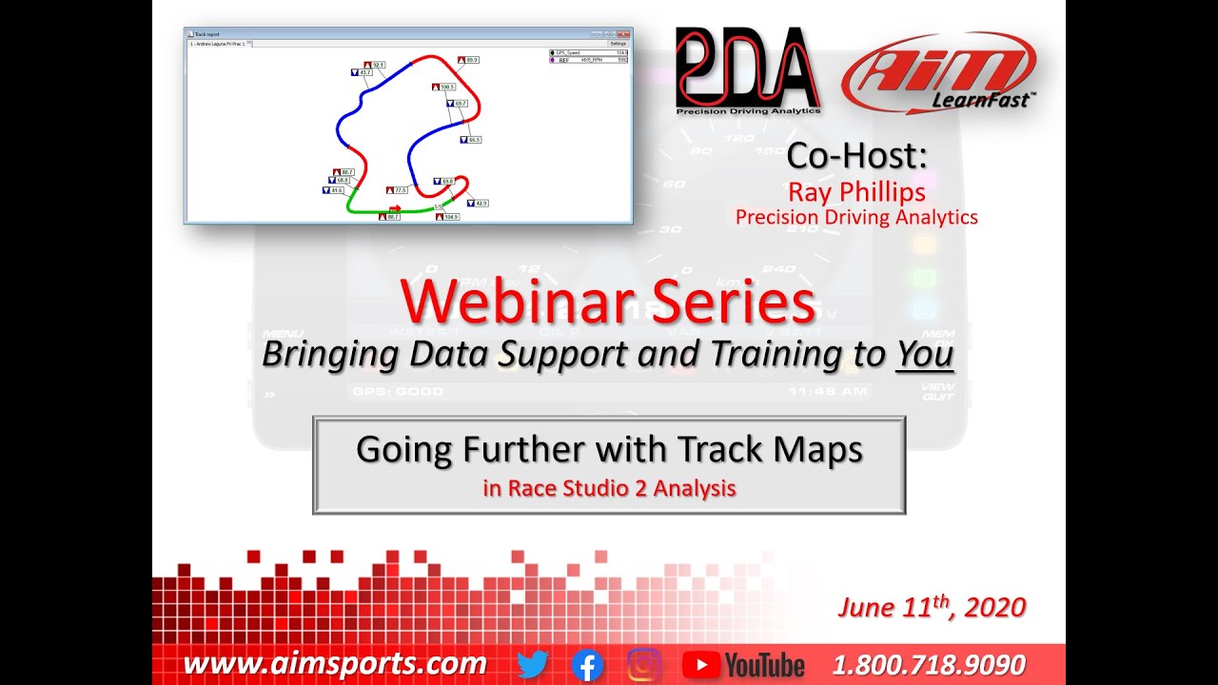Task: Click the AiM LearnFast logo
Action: (937, 72)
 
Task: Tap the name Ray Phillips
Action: (856, 191)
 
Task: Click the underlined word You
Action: (925, 354)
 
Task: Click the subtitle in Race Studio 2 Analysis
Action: (609, 489)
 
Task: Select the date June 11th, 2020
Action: (932, 607)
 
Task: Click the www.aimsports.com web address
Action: (335, 664)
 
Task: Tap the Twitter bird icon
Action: (533, 665)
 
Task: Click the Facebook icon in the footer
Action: (587, 665)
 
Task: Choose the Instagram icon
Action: (644, 665)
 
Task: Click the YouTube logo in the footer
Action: (744, 665)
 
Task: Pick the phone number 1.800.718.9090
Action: (929, 664)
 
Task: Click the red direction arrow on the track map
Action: (396, 207)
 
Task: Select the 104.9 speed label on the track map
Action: (449, 217)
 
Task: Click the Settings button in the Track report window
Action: (619, 44)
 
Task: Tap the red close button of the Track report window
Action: (623, 33)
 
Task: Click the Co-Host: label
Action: (856, 156)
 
